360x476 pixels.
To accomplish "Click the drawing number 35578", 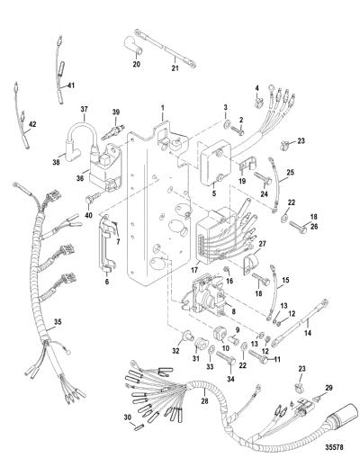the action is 334,447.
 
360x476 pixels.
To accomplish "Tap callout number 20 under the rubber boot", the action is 137,64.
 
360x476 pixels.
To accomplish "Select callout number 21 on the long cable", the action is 175,68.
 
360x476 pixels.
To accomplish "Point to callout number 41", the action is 71,85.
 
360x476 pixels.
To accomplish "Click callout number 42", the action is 32,124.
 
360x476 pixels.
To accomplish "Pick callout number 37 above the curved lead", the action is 84,109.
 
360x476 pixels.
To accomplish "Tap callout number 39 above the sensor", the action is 116,112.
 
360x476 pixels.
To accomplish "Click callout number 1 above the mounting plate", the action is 162,107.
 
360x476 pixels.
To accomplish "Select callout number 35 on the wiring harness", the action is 58,321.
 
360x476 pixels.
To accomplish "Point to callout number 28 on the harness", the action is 205,401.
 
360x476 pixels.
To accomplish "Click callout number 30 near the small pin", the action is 128,418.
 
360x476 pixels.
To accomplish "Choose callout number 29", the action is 328,388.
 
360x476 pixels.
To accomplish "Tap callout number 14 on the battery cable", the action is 308,333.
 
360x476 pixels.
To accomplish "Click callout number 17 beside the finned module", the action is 194,270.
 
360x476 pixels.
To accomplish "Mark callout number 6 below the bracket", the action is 107,282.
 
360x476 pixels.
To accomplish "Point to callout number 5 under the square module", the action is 214,193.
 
